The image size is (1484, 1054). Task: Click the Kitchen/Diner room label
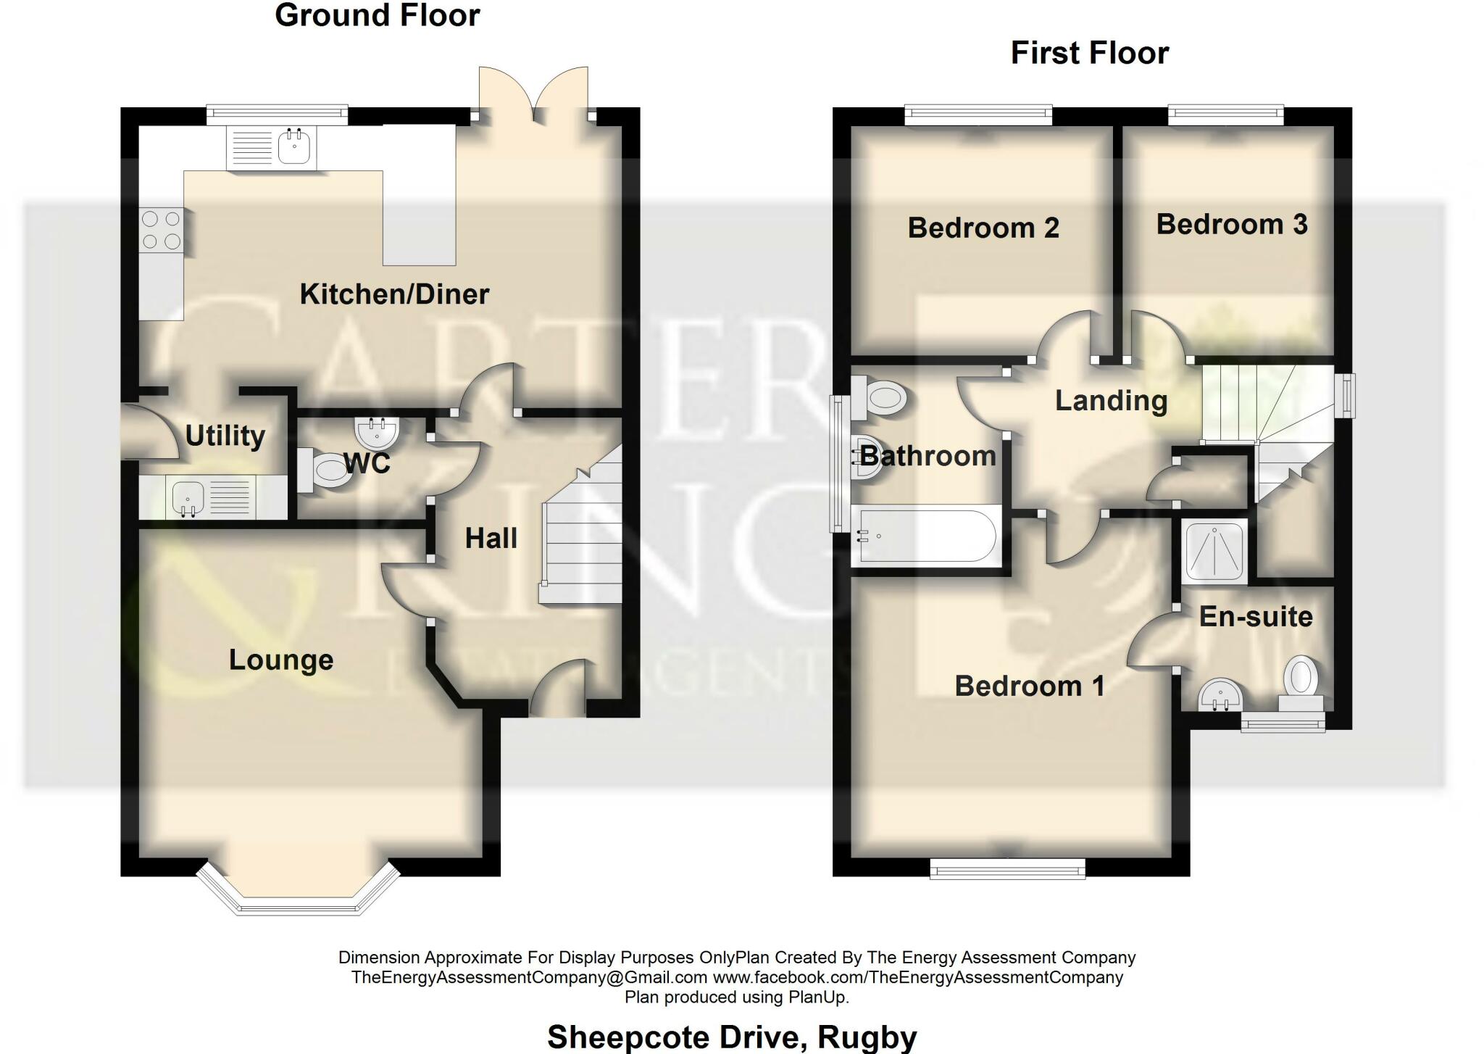[394, 294]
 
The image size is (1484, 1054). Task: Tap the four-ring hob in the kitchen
[162, 229]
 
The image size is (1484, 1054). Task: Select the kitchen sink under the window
[272, 148]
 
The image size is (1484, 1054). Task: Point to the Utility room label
[225, 436]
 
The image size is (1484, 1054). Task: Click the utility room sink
[211, 498]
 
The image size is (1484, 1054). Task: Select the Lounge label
[281, 660]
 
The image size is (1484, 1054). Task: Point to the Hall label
[491, 538]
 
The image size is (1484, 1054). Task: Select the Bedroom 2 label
[983, 228]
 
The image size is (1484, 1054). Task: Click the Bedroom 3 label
[1232, 224]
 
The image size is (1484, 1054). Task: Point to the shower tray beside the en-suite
[1214, 551]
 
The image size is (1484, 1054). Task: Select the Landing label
[1111, 400]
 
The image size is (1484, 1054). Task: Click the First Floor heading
[1090, 53]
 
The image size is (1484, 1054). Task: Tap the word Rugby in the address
[867, 1037]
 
